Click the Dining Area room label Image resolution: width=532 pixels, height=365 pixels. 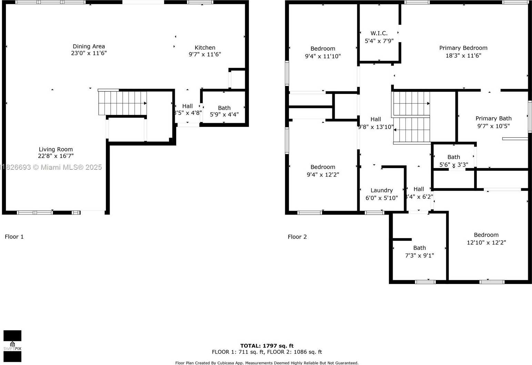pos(89,46)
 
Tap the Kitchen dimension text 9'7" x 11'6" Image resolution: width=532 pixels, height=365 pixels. pos(205,54)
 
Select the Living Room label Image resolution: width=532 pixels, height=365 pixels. pos(56,149)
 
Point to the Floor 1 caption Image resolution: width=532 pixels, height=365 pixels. pos(14,237)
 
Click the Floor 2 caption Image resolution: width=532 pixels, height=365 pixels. pos(297,237)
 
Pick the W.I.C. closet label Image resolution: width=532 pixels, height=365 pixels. pos(379,33)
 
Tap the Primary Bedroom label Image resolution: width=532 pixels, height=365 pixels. pos(463,48)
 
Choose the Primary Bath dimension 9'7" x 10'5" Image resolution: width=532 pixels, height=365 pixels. pos(493,126)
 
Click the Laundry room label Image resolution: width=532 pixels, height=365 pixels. pos(381,190)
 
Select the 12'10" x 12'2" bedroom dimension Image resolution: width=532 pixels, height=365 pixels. pos(486,243)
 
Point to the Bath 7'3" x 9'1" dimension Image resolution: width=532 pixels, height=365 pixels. pos(419,256)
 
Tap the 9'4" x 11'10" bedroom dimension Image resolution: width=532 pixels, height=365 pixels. pos(323,56)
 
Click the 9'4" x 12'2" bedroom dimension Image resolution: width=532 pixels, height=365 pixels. pos(323,175)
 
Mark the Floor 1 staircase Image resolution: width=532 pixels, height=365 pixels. pos(122,103)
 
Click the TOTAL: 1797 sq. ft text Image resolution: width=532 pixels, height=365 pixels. pos(267,346)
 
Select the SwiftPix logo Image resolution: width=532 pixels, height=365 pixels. pos(12,346)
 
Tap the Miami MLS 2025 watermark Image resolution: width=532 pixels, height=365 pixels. pos(52,167)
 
